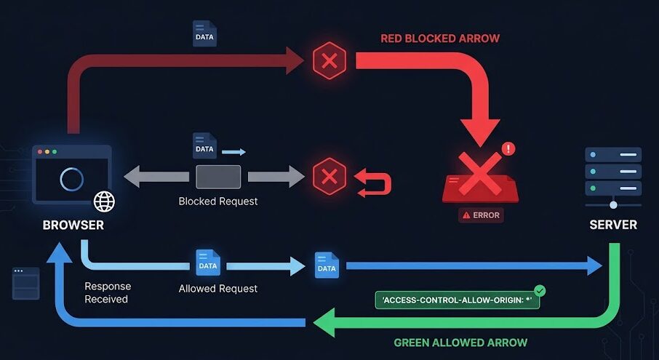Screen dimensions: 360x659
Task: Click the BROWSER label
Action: tap(73, 225)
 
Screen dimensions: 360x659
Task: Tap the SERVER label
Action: tap(612, 225)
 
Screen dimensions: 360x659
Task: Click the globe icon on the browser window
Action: tap(104, 201)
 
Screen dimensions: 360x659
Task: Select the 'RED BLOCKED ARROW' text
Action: tap(440, 39)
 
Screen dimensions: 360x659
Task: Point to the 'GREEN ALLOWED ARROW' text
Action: tap(460, 343)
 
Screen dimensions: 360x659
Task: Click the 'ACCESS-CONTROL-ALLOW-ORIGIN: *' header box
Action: tap(458, 300)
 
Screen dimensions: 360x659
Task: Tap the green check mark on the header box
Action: tap(539, 290)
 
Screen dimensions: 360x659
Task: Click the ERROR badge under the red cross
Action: tap(481, 215)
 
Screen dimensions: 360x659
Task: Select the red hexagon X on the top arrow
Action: tap(329, 61)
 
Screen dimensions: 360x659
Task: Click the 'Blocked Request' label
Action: tap(218, 201)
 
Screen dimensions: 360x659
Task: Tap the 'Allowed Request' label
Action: tap(218, 289)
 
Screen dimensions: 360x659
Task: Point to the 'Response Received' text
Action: tap(106, 292)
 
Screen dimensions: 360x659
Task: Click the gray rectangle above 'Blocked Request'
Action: tap(218, 177)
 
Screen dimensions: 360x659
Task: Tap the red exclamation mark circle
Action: tap(508, 149)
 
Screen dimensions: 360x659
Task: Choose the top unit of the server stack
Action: tap(613, 154)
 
